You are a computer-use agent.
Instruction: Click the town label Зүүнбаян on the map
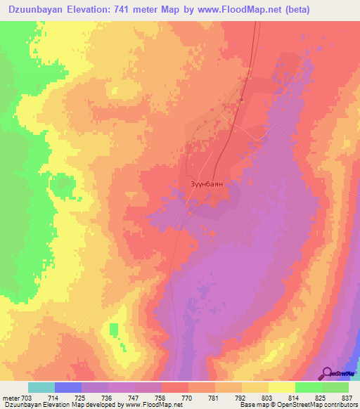tap(207, 183)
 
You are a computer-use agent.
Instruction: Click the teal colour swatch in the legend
tap(41, 387)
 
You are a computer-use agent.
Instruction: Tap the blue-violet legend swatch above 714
tap(68, 387)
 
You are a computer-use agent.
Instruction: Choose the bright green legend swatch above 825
tap(309, 387)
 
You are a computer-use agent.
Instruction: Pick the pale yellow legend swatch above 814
tap(282, 387)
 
